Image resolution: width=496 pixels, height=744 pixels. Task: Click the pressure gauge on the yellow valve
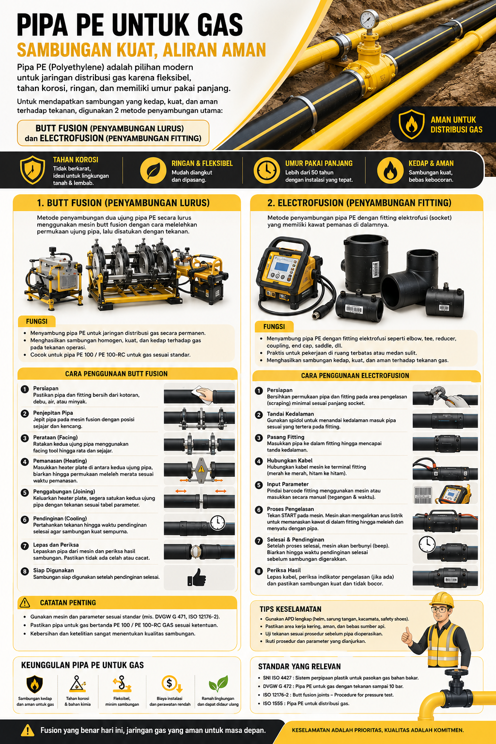tap(369, 19)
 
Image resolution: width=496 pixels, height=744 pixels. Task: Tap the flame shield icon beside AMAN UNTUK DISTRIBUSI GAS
tap(411, 124)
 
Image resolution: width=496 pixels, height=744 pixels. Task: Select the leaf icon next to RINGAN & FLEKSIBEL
tap(153, 170)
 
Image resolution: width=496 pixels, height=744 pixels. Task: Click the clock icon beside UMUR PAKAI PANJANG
tap(266, 170)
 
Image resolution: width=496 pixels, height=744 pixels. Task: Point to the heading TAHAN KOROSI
tap(76, 160)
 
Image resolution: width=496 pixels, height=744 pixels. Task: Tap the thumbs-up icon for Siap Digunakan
tap(197, 577)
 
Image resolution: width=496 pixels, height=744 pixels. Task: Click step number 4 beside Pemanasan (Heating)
tap(25, 462)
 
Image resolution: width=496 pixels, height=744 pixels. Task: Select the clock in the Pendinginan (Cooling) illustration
tap(217, 523)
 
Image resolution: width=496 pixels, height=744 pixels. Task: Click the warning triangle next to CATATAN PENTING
tap(25, 603)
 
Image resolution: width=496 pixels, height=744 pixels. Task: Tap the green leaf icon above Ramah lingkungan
tap(218, 684)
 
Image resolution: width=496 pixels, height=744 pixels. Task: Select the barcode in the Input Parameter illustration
tap(423, 495)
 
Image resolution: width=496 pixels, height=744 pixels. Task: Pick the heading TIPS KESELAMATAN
tap(290, 609)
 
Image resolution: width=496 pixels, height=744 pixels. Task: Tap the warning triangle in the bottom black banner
tap(28, 730)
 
